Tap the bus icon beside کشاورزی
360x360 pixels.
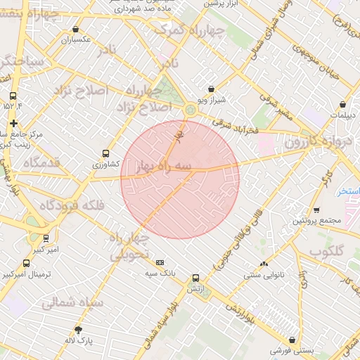tap(106, 153)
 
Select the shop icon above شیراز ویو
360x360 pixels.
tap(211, 89)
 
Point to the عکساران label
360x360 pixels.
tap(75, 39)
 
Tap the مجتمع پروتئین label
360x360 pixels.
tap(317, 221)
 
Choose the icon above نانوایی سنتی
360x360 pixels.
tap(264, 264)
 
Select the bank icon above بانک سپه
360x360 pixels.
tap(160, 262)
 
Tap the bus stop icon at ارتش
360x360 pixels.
tap(195, 278)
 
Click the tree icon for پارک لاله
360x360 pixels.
tap(78, 330)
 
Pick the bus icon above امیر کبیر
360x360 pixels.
tap(46, 238)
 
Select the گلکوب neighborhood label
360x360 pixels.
tap(327, 250)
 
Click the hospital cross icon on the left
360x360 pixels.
tap(13, 123)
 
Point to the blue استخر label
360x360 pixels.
tap(347, 191)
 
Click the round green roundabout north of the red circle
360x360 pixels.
tap(191, 110)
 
